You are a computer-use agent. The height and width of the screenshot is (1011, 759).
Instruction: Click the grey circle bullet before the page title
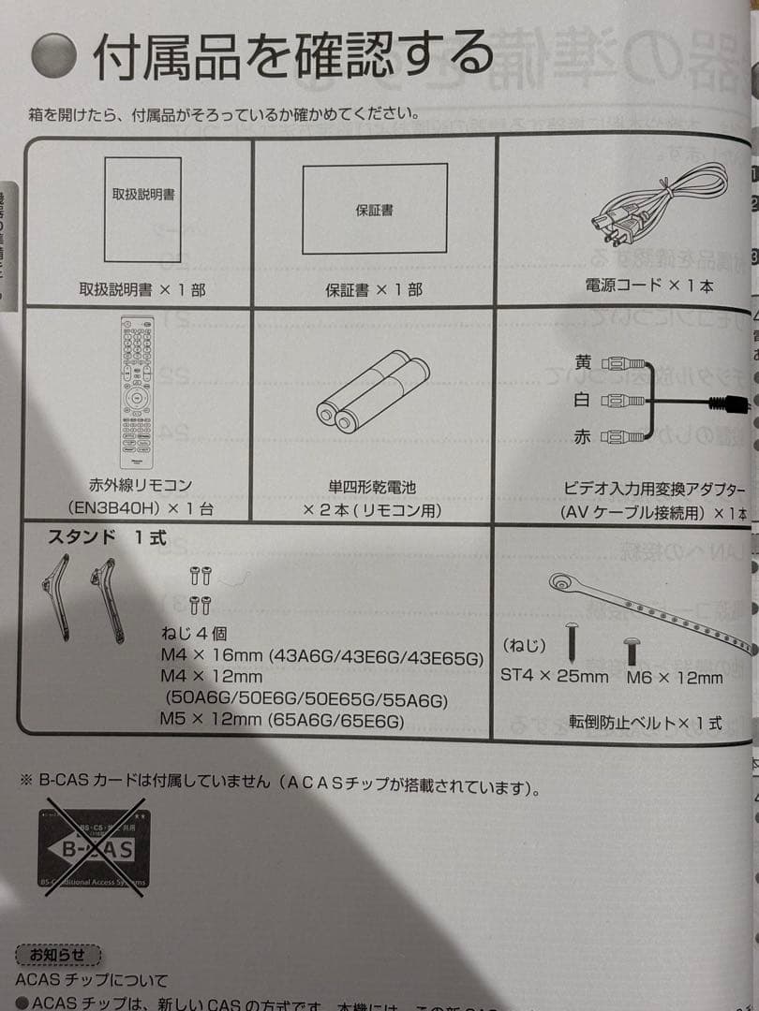tap(54, 56)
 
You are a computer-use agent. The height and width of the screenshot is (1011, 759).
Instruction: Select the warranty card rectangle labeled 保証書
tap(374, 210)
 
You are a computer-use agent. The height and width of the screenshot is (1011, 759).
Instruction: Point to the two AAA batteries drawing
tap(372, 390)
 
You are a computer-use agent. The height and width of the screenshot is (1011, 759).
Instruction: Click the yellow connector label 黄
tap(583, 362)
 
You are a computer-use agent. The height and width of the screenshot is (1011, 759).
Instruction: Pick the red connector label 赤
tap(583, 436)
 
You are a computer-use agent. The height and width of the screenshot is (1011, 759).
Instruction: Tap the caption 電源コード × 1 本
tap(648, 285)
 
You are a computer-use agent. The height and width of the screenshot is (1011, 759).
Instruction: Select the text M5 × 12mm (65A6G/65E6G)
tap(283, 720)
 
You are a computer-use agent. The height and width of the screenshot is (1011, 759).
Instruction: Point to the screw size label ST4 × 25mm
tap(554, 676)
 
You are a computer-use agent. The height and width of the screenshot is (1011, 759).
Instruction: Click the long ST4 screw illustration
tap(570, 643)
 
